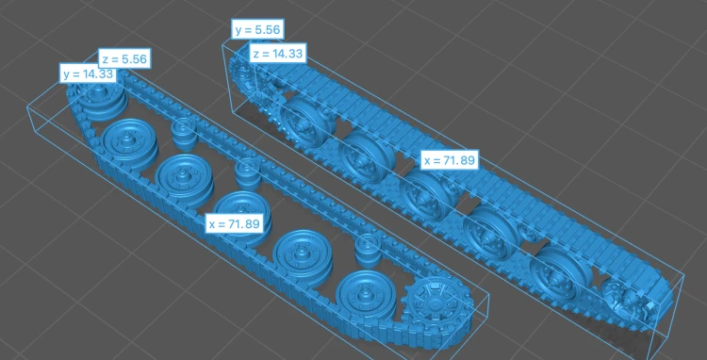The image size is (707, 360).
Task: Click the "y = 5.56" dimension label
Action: click(257, 30)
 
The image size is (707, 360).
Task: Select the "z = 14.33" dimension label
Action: click(278, 54)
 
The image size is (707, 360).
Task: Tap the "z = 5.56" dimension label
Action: click(124, 59)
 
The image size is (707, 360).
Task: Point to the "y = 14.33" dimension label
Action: click(88, 74)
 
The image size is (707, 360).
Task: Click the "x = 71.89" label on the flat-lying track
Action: click(235, 223)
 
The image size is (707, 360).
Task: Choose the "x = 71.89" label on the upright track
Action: click(450, 160)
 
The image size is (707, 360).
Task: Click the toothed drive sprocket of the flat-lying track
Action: click(436, 306)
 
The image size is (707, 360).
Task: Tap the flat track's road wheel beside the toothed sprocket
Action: click(365, 296)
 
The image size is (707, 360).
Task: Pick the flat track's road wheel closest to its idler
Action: click(129, 139)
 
